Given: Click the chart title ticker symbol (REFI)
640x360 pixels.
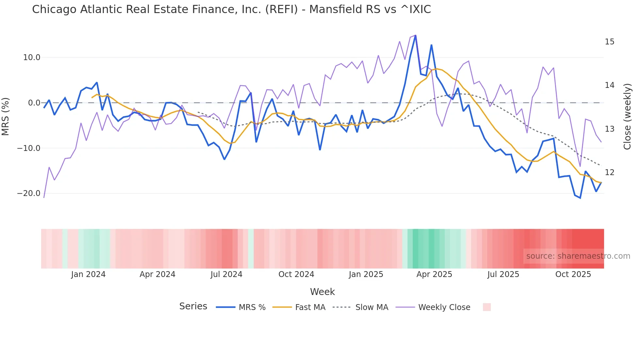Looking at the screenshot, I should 281,9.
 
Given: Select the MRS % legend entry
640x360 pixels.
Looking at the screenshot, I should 252,307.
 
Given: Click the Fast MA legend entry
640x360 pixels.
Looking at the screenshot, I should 310,307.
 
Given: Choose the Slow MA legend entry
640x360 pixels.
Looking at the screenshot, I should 372,307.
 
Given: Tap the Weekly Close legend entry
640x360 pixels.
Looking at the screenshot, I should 444,307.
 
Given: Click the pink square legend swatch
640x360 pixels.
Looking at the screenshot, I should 487,307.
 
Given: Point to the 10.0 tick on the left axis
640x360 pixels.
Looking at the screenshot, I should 32,57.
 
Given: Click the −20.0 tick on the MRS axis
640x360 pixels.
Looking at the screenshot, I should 29,193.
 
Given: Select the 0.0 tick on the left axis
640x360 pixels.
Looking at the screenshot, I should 34,103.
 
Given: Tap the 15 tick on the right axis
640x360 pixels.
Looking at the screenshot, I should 609,42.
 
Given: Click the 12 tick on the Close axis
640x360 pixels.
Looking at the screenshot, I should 609,172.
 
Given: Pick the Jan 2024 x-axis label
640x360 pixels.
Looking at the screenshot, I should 88,274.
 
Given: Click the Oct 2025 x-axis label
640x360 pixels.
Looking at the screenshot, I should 573,274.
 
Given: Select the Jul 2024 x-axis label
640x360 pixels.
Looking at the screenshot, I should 226,274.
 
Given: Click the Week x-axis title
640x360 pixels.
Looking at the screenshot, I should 322,292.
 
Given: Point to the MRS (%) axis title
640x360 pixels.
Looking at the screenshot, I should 6,116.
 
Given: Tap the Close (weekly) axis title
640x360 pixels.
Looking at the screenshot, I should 627,117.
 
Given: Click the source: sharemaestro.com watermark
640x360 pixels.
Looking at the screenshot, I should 578,256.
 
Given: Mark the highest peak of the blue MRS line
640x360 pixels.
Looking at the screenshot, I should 415,36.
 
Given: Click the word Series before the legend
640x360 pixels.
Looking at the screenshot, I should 193,306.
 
